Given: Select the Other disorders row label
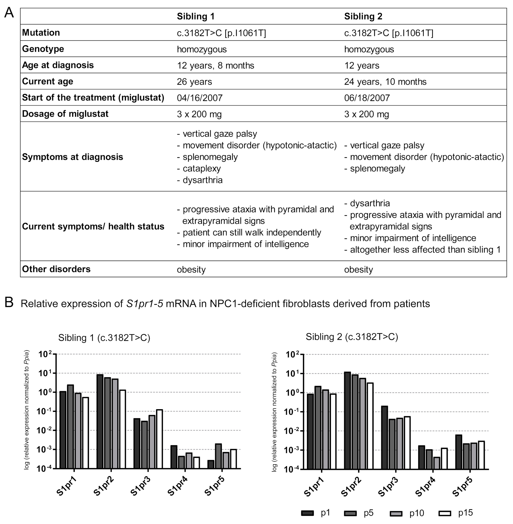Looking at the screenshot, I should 56,269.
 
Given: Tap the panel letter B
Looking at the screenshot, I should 9,302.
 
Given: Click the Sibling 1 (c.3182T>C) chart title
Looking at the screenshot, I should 104,338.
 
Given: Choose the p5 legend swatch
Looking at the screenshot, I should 350,513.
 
